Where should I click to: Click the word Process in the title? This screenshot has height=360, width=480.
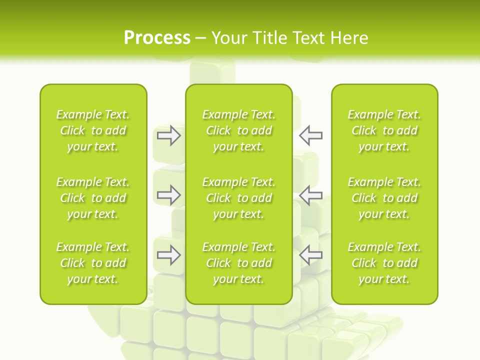[x=157, y=38]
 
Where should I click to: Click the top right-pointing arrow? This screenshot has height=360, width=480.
[x=168, y=135]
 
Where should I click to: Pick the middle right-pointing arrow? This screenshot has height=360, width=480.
[x=168, y=195]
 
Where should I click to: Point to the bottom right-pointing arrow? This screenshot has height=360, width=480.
[x=168, y=255]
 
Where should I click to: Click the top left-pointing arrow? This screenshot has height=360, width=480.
[x=310, y=135]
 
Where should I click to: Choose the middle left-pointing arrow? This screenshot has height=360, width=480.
[x=310, y=195]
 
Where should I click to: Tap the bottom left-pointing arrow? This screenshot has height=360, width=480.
[x=310, y=255]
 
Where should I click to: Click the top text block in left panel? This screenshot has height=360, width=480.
[x=93, y=130]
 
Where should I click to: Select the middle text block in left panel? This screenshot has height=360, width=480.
[x=93, y=198]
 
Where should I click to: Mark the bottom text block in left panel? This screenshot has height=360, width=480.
[x=93, y=263]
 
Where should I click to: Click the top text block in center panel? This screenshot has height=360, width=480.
[x=238, y=130]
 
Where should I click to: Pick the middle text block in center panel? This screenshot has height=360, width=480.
[x=238, y=198]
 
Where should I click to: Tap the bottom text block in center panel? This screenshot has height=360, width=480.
[x=238, y=263]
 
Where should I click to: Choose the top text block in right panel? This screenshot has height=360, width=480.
[x=384, y=130]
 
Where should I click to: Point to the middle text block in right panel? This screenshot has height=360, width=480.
[x=384, y=198]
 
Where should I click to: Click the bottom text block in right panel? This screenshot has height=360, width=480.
[x=384, y=263]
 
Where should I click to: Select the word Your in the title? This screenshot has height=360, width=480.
[x=229, y=38]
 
